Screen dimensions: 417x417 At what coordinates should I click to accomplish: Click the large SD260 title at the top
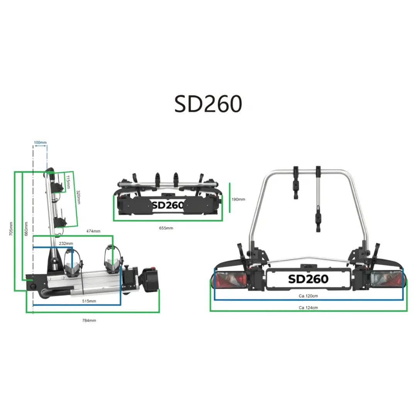coord(208,104)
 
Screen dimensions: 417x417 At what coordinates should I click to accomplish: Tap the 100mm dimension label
coord(41,142)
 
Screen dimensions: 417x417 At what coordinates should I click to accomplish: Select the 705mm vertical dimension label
coord(11,229)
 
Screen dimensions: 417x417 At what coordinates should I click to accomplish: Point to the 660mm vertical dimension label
coord(26,229)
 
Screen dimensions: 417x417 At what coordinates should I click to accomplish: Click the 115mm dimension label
coord(68,182)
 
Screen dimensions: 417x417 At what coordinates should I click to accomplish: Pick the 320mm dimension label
coord(78,197)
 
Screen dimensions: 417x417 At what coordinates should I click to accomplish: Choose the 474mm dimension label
coord(93,231)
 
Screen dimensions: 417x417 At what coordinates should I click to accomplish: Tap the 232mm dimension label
coord(66,243)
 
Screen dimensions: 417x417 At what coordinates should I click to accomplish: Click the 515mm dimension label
coord(89,301)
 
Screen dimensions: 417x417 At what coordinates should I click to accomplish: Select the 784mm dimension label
coord(89,320)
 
